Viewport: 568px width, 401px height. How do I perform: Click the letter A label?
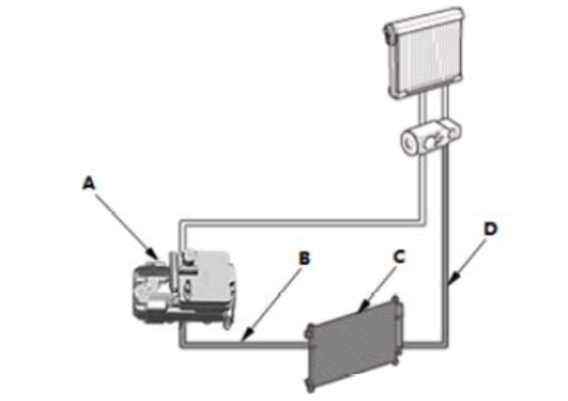coord(88,184)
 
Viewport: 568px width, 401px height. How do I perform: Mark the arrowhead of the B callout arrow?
coord(244,339)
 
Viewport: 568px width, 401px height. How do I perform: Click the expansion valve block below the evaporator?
coord(429,138)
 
